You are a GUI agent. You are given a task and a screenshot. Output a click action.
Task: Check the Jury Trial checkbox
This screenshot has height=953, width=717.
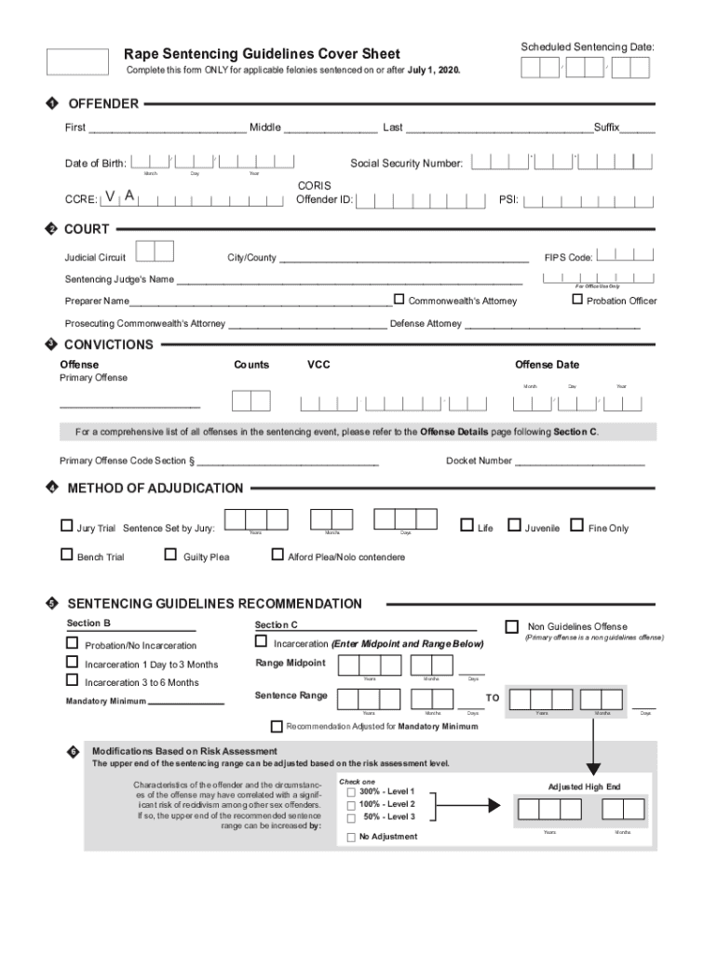tap(66, 526)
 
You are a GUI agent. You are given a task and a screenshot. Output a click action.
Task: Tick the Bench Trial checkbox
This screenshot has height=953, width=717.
tap(66, 556)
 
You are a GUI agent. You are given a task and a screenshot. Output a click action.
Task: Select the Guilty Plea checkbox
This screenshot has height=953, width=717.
tap(170, 556)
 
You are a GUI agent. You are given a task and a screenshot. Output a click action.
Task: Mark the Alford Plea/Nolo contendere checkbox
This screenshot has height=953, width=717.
tap(277, 556)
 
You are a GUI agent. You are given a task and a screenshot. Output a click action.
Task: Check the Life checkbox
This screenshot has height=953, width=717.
tap(467, 526)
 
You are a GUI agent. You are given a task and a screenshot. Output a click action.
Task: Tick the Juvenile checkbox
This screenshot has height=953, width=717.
tap(514, 526)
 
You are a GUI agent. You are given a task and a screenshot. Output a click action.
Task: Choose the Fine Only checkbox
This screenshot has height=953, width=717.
tap(576, 526)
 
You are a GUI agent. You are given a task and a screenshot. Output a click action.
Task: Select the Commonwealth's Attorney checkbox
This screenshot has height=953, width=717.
tap(399, 299)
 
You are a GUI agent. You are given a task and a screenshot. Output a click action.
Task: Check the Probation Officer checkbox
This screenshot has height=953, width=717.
tap(577, 299)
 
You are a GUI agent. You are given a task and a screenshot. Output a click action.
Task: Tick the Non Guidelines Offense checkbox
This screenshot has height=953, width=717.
tap(511, 626)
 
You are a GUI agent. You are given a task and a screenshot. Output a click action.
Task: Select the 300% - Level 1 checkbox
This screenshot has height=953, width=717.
tap(351, 792)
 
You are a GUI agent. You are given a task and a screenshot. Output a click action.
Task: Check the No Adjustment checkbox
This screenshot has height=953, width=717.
tap(351, 837)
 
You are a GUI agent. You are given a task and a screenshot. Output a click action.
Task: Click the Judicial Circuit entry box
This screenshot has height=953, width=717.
tap(155, 251)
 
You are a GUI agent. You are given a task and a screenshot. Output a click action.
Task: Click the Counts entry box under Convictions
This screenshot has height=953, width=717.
tap(250, 401)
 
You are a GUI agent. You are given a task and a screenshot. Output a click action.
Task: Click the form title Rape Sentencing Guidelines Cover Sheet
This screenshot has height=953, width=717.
tap(263, 54)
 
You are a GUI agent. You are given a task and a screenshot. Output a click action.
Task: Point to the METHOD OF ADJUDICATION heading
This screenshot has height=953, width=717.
tap(156, 488)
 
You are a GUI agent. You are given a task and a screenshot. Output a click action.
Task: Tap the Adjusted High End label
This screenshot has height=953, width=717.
tap(584, 786)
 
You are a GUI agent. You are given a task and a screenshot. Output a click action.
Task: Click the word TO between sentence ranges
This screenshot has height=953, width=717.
tap(493, 697)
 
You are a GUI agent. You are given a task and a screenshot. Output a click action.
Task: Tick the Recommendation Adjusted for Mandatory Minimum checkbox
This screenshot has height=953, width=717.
tap(276, 726)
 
